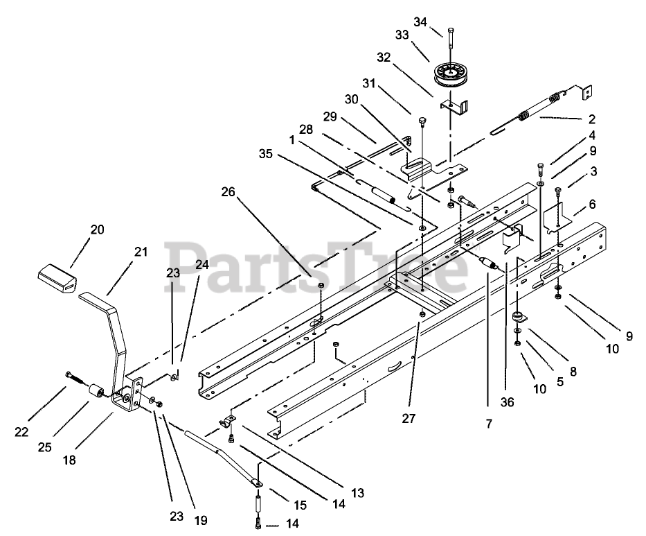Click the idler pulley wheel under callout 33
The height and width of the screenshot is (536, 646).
[x=451, y=75]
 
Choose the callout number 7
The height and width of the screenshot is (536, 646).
[x=489, y=422]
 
